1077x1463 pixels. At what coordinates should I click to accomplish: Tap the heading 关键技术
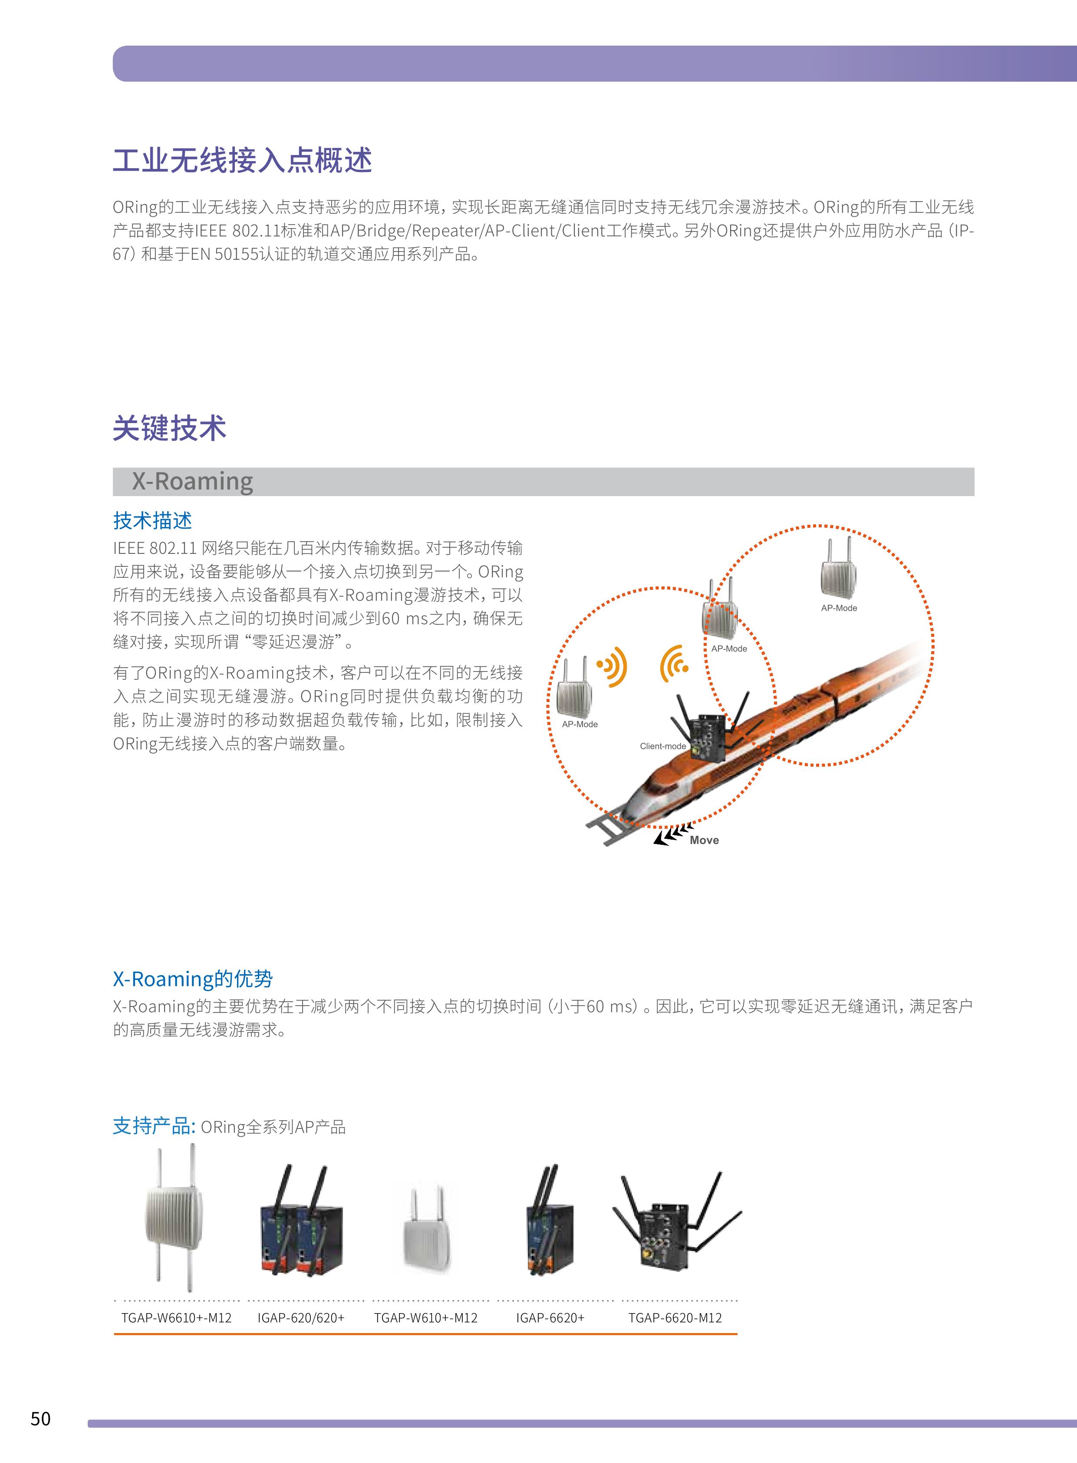169,429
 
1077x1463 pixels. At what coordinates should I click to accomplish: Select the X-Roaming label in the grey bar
192,481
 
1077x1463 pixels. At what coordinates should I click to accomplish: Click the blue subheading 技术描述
152,520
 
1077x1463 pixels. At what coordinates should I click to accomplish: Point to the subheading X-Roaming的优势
193,978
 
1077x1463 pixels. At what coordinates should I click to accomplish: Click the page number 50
40,1419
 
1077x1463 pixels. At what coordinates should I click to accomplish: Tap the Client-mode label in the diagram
663,746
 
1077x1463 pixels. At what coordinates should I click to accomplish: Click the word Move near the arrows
704,840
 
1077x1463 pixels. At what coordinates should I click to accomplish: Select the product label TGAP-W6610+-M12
177,1317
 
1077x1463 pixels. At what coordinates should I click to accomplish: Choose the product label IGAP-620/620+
300,1317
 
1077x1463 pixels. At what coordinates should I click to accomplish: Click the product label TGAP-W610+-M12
426,1317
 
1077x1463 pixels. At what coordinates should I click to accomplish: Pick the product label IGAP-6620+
550,1317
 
